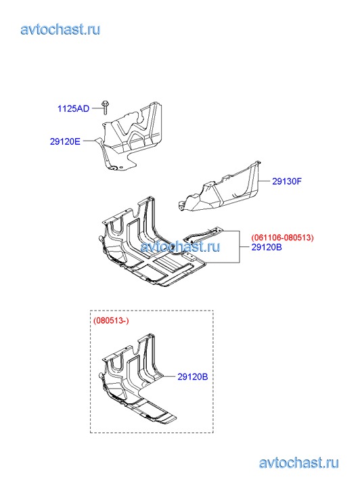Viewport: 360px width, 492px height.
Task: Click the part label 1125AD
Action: pyautogui.click(x=74, y=108)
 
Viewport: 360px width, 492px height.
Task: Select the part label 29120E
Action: pyautogui.click(x=65, y=141)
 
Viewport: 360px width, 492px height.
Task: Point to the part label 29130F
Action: pyautogui.click(x=286, y=181)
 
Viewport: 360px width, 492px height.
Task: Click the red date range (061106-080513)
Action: pyautogui.click(x=282, y=238)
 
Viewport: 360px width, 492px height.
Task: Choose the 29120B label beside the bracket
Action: pyautogui.click(x=267, y=247)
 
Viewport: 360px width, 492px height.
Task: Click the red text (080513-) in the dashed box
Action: pyautogui.click(x=111, y=321)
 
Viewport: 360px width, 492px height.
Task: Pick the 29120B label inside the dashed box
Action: pyautogui.click(x=193, y=376)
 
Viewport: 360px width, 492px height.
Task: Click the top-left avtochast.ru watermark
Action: pyautogui.click(x=60, y=29)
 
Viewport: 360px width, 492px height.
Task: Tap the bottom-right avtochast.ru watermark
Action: pyautogui.click(x=299, y=462)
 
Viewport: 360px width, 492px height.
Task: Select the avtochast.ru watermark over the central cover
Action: pyautogui.click(x=180, y=246)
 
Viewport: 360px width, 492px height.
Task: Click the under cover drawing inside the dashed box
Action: pyautogui.click(x=137, y=381)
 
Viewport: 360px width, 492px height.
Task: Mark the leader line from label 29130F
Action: pyautogui.click(x=264, y=181)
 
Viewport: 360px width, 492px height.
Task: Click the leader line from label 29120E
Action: pyautogui.click(x=89, y=141)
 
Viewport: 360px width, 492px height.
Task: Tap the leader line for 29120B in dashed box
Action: pyautogui.click(x=169, y=376)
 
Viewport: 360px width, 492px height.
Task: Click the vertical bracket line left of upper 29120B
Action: pyautogui.click(x=240, y=246)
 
